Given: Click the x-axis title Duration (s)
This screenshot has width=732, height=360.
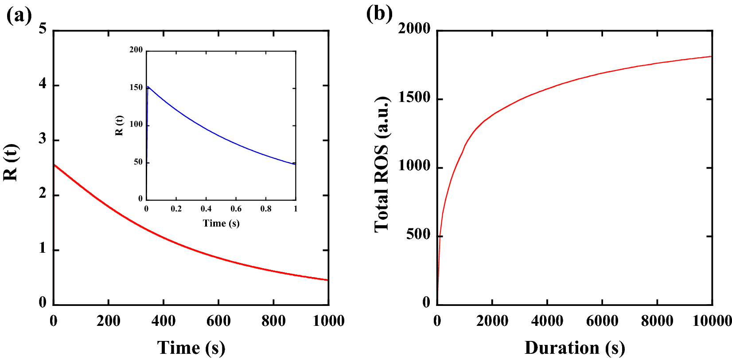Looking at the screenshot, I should pos(574,348).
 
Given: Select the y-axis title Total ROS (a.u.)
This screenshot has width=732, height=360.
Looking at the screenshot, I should pos(382,164).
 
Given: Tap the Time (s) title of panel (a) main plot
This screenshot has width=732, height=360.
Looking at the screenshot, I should pos(191,348).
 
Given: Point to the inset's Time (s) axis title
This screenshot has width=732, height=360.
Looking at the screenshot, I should pos(221,223).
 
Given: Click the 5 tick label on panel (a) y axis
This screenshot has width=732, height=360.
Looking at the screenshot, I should pos(43,29).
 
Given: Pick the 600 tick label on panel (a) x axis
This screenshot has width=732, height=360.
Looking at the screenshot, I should pos(218,321).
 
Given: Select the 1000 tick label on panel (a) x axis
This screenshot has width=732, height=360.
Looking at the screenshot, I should pos(328,321).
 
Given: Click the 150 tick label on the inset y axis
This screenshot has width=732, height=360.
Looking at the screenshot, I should pos(136,87).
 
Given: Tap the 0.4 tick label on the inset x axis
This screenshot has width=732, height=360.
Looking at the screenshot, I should pos(206,209).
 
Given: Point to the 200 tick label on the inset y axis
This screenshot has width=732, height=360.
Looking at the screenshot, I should pos(136,50).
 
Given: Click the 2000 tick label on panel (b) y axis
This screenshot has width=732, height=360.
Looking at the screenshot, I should pos(414,29).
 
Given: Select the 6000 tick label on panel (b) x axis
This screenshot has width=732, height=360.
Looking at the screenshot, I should pos(602,321).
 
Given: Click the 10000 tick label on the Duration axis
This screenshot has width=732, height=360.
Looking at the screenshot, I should pos(712,321).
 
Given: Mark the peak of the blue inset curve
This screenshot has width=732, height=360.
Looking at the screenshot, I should pos(148,86).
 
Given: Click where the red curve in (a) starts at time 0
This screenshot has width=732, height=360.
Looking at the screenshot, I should pos(54,165).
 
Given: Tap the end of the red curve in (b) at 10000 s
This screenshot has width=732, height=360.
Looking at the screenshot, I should pos(711,56).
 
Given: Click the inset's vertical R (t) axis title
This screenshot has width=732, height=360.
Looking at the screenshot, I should pos(119,125).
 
